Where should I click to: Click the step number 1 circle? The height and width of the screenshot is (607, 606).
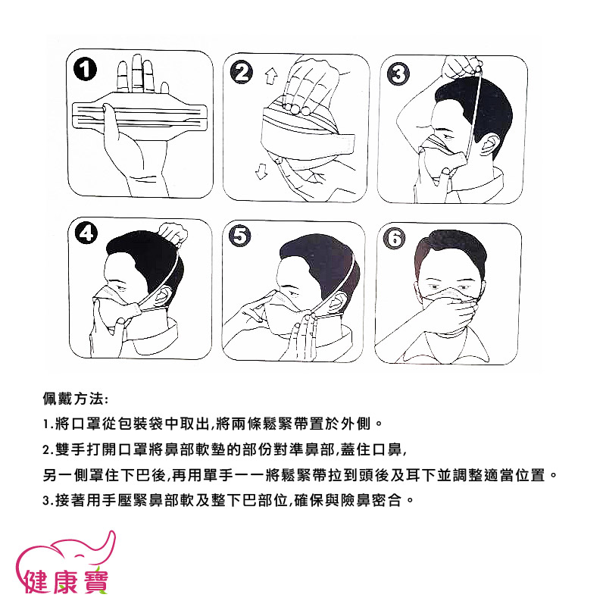(85, 70)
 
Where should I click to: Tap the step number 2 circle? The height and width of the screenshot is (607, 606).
(241, 73)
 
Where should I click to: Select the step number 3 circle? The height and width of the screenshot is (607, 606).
(398, 74)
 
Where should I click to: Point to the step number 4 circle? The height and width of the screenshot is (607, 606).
(86, 234)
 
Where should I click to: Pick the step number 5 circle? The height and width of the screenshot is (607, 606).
(240, 236)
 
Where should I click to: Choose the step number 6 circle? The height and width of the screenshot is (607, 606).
(395, 238)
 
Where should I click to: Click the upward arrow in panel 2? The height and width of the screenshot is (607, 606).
(271, 77)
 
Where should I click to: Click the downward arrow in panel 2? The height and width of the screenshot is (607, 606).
(261, 171)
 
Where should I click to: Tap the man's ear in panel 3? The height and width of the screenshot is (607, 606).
(489, 147)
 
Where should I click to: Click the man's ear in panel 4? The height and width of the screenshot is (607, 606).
(164, 296)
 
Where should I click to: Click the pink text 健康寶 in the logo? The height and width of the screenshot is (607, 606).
(66, 582)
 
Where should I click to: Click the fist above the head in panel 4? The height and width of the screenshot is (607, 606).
(173, 233)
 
